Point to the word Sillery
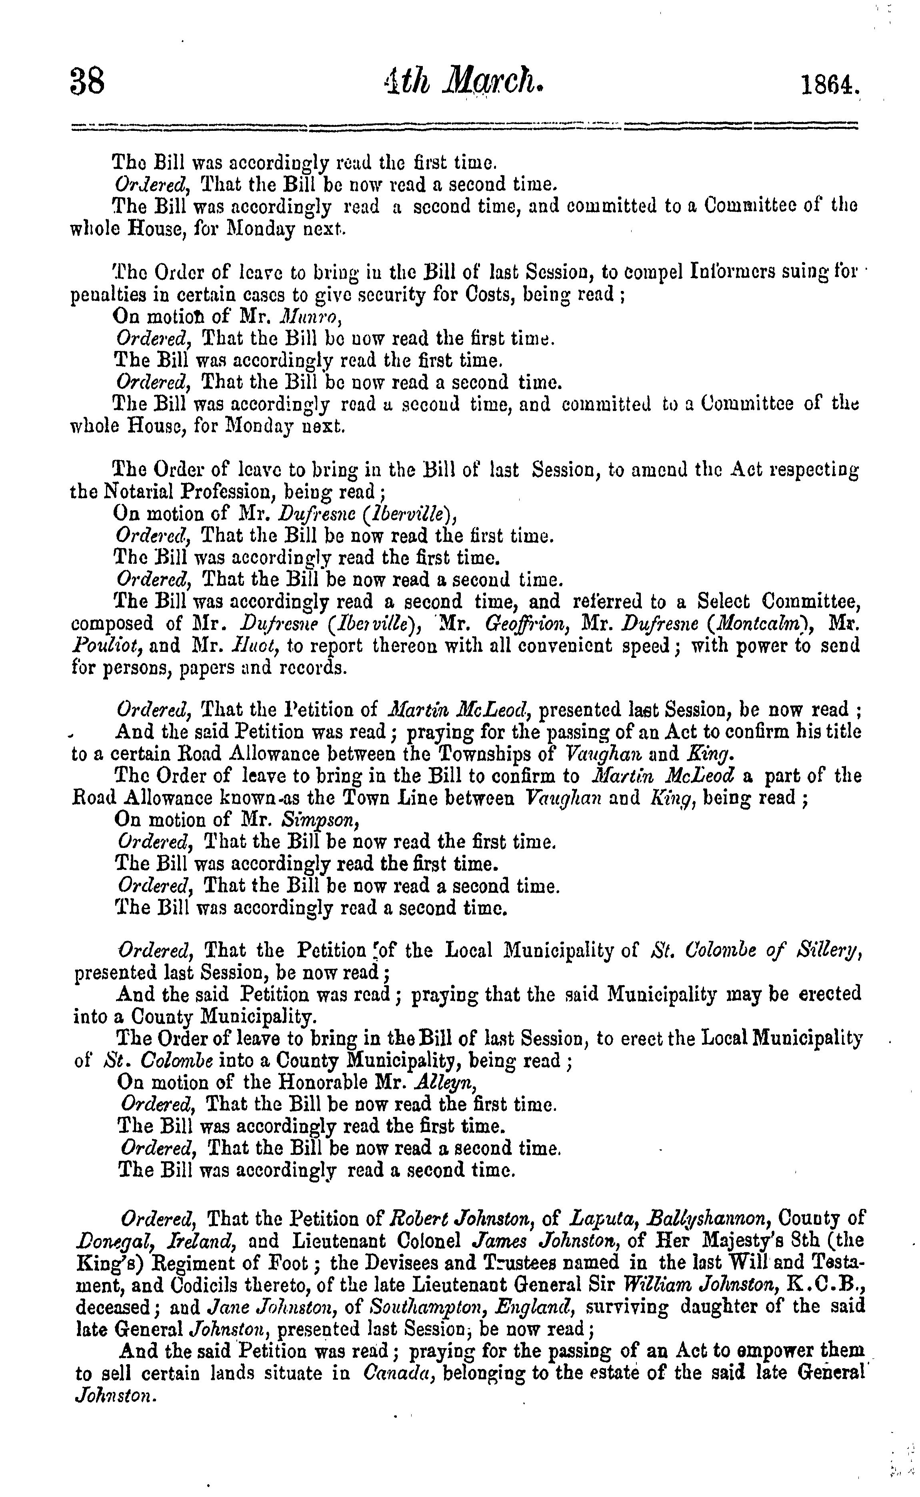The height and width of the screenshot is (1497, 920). (823, 951)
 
